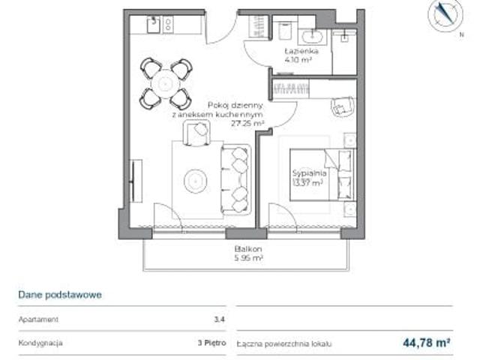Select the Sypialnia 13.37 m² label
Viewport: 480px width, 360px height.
(307, 177)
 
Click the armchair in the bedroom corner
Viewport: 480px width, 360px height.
(343, 108)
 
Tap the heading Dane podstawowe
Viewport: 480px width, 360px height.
(60, 295)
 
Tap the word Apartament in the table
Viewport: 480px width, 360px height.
(39, 319)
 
